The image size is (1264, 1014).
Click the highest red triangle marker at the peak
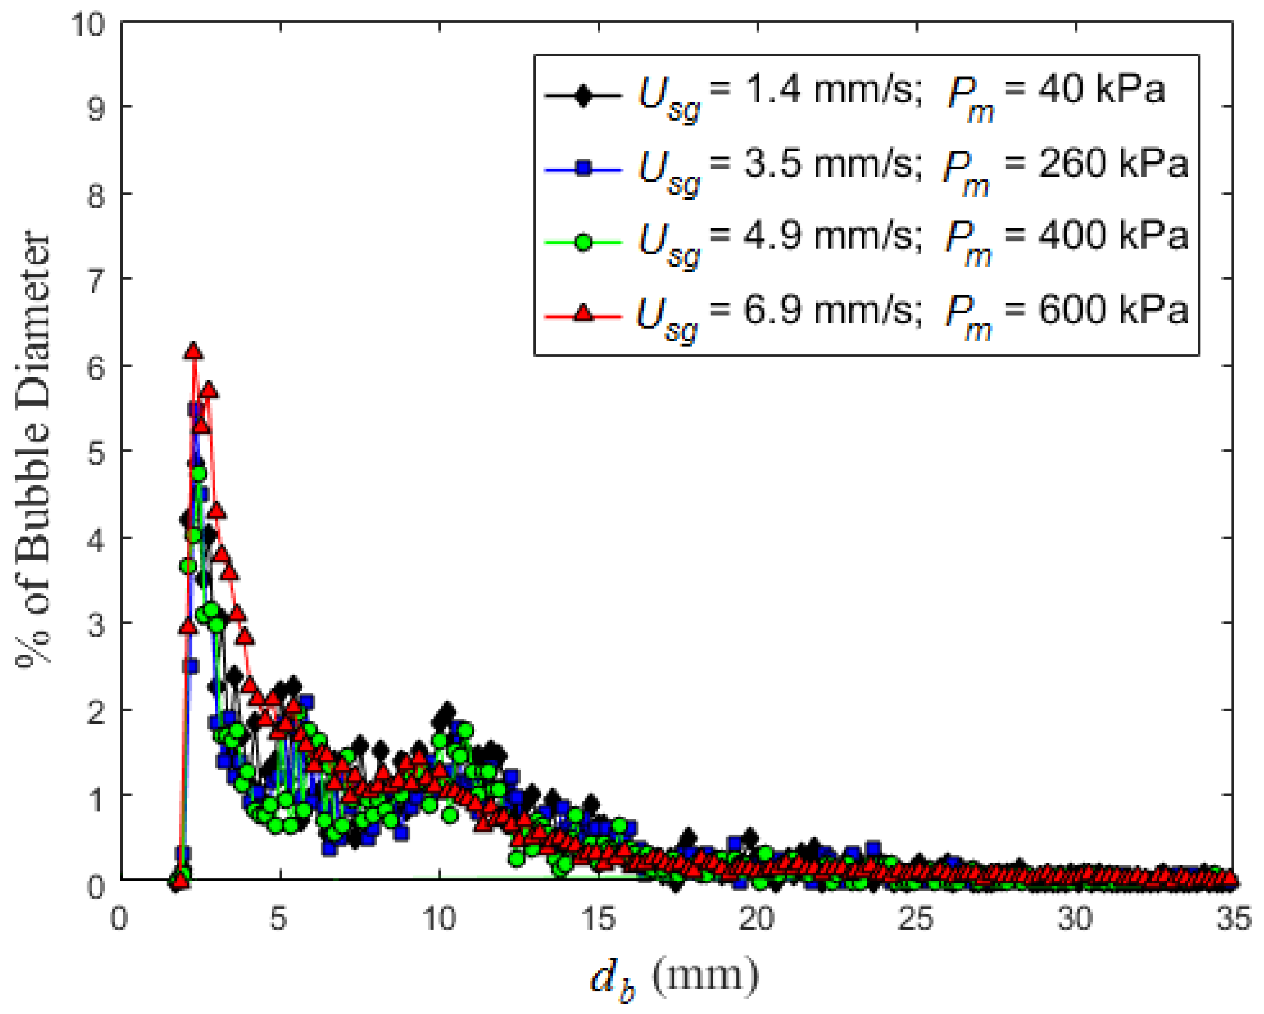click(x=194, y=351)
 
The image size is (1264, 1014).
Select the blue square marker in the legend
click(x=583, y=169)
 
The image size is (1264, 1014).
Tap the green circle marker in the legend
click(x=583, y=241)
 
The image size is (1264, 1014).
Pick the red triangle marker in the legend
click(x=583, y=314)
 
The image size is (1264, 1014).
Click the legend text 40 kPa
click(x=1101, y=91)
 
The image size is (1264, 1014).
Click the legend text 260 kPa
click(x=1113, y=164)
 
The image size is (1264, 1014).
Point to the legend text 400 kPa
click(x=1113, y=236)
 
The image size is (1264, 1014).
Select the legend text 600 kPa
click(x=1113, y=310)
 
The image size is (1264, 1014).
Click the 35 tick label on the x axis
click(x=1232, y=919)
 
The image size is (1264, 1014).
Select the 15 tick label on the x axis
click(x=598, y=919)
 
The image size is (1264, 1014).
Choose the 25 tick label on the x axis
click(x=916, y=919)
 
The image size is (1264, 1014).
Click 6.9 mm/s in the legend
click(x=828, y=310)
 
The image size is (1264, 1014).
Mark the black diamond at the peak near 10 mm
click(x=447, y=711)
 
